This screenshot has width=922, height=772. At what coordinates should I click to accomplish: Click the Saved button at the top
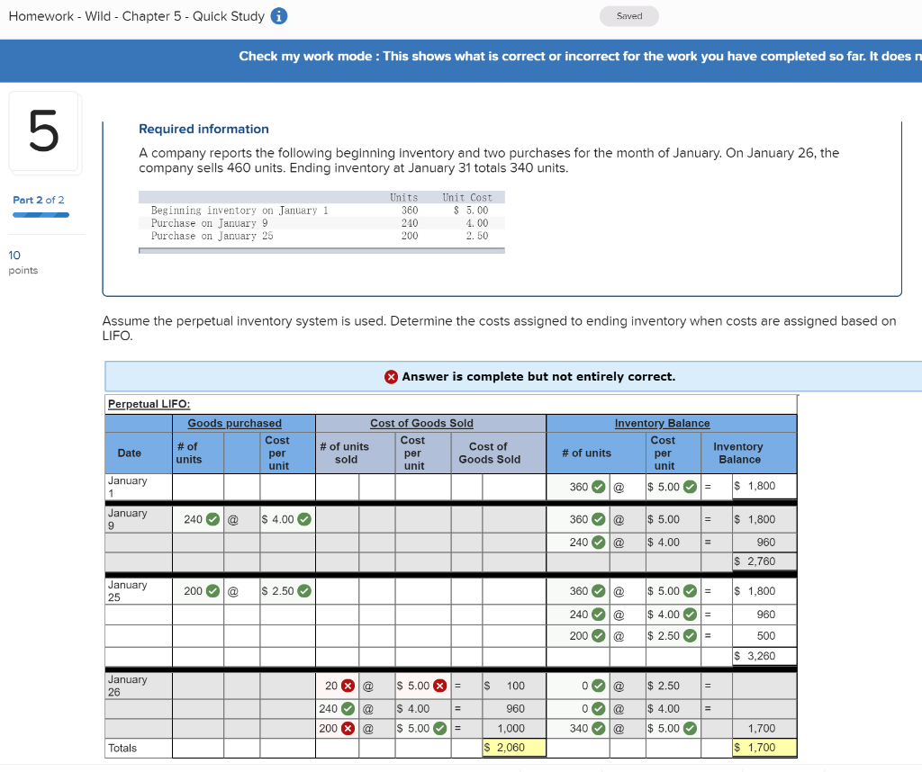[x=629, y=16]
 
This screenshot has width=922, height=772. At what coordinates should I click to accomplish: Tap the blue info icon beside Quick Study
[x=279, y=16]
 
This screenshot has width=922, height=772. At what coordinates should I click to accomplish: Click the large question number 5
[x=44, y=132]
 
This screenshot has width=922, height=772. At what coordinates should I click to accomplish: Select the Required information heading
[x=203, y=129]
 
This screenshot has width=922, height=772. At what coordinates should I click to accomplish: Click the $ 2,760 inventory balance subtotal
[x=755, y=561]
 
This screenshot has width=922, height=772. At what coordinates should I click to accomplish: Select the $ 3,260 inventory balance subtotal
[x=755, y=656]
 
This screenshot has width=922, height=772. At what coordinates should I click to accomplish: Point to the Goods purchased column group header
[x=234, y=423]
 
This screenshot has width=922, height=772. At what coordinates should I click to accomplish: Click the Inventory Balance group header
[x=662, y=423]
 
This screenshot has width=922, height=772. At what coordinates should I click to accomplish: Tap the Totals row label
[x=122, y=748]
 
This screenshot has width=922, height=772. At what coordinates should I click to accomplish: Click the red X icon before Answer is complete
[x=391, y=377]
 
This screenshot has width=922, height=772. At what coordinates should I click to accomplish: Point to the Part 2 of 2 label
[x=38, y=200]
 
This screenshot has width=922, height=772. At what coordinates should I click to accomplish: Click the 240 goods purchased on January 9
[x=193, y=519]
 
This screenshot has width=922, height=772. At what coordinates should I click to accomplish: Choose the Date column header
[x=130, y=453]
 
